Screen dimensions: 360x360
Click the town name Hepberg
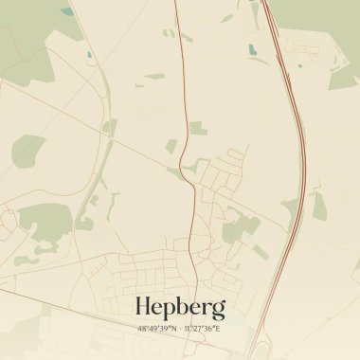pyautogui.click(x=180, y=307)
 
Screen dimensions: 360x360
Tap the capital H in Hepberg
pyautogui.click(x=146, y=306)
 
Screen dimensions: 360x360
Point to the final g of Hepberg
pyautogui.click(x=219, y=310)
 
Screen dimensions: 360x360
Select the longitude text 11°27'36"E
pyautogui.click(x=202, y=329)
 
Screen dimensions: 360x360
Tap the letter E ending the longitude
pyautogui.click(x=217, y=329)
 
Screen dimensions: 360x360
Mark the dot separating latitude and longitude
pyautogui.click(x=180, y=329)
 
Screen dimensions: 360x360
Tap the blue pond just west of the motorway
pyautogui.click(x=252, y=49)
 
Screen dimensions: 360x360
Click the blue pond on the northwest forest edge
pyautogui.click(x=66, y=11)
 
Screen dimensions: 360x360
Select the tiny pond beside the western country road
pyautogui.click(x=91, y=55)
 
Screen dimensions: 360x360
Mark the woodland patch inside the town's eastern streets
pyautogui.click(x=241, y=228)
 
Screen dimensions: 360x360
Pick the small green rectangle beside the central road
pyautogui.click(x=196, y=127)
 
